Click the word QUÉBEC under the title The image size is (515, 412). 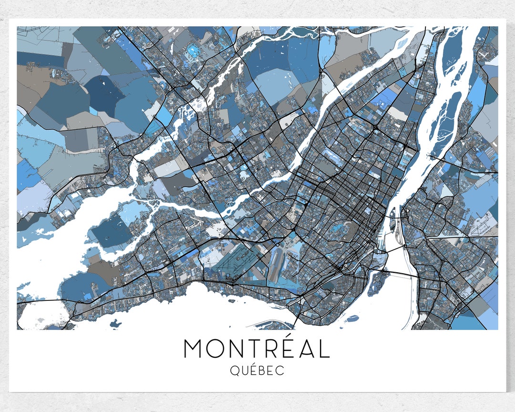point(257,371)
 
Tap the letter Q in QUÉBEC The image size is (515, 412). point(235,371)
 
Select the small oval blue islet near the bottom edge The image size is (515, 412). point(352,318)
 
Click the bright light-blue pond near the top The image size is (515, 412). point(193,49)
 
